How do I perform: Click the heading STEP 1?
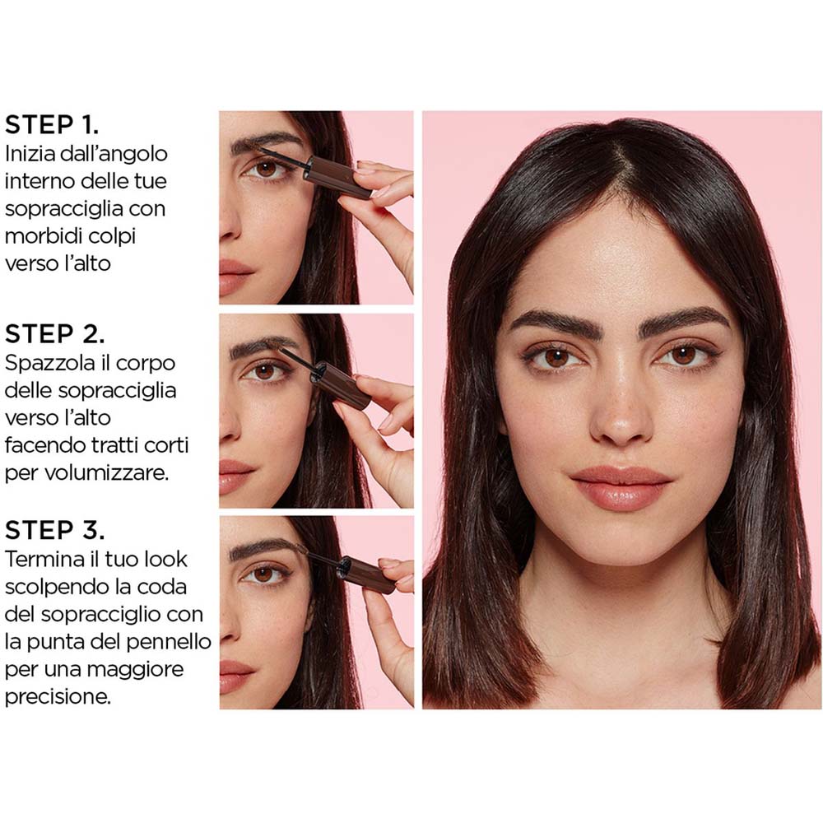pyautogui.click(x=52, y=125)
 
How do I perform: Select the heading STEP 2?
pyautogui.click(x=54, y=334)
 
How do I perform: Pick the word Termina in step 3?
pyautogui.click(x=44, y=559)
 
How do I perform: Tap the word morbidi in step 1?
pyautogui.click(x=41, y=236)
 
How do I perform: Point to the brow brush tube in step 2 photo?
pyautogui.click(x=340, y=385)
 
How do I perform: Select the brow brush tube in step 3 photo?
pyautogui.click(x=366, y=574)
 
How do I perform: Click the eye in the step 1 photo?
pyautogui.click(x=265, y=170)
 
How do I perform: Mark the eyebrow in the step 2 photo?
pyautogui.click(x=262, y=345)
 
